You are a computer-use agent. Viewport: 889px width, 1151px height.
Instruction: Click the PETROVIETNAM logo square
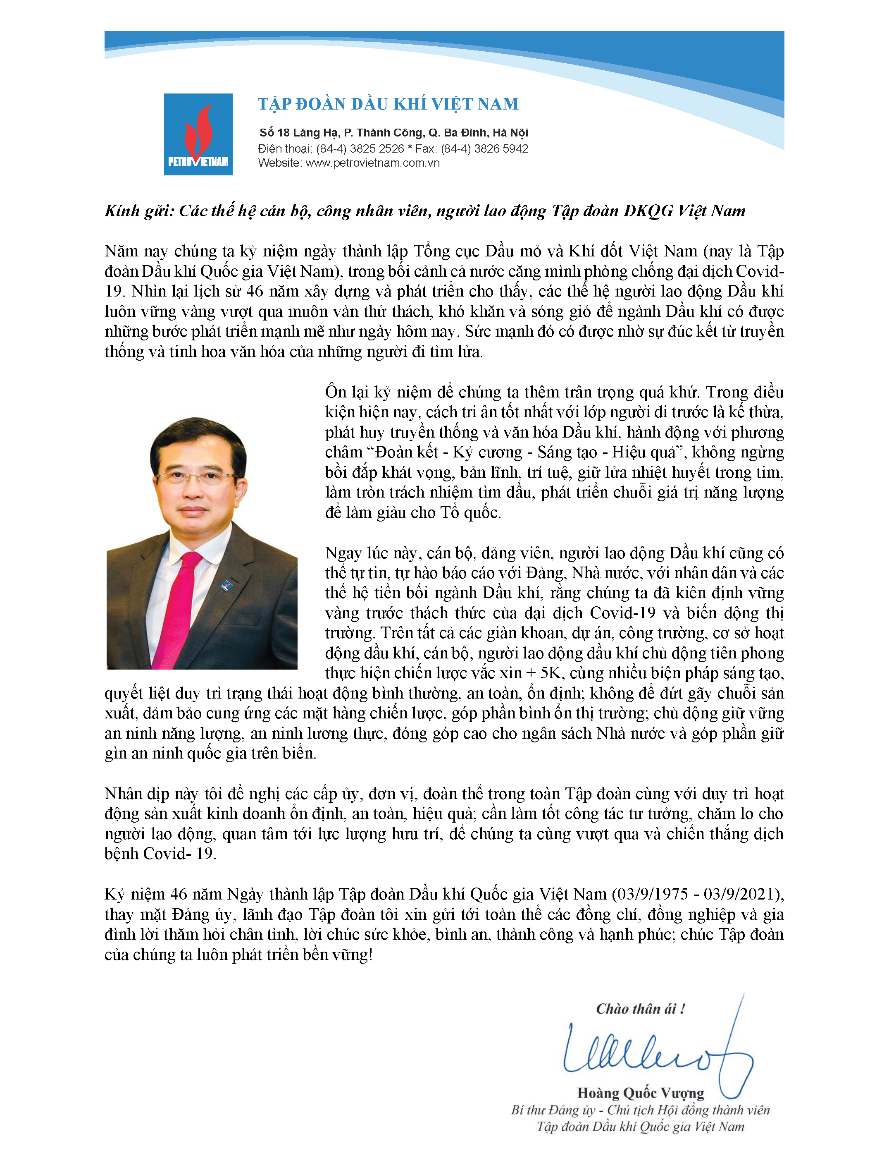198,134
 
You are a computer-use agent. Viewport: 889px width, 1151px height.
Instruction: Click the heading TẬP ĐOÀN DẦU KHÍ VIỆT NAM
388,104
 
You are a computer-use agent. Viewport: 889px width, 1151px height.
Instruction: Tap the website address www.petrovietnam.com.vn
372,163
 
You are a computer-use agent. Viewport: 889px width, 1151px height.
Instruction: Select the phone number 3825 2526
377,148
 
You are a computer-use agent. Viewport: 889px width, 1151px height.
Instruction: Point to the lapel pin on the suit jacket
227,585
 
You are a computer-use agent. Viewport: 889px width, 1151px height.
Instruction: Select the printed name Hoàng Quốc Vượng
641,1093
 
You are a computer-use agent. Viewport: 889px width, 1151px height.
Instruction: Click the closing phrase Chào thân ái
640,1009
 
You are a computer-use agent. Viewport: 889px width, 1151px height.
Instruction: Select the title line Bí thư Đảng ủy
553,1110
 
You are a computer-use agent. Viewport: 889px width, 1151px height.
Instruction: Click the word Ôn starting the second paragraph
336,392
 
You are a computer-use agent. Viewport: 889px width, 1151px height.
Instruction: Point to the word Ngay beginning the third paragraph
343,553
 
